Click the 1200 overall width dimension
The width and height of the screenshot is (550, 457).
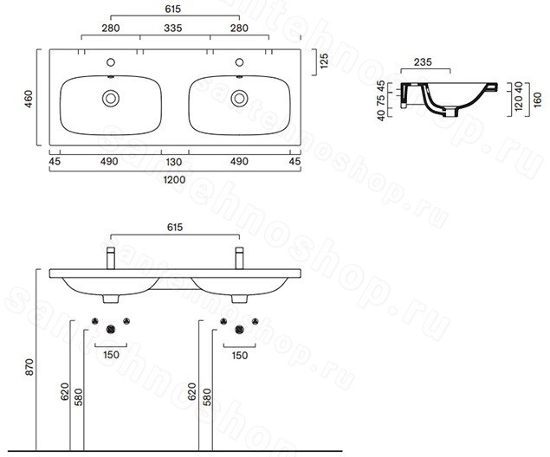174,180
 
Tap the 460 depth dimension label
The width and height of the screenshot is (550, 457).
29,99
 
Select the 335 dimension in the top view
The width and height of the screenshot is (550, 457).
173,28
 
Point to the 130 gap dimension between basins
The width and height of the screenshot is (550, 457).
174,162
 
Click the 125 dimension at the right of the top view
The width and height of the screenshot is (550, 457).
325,61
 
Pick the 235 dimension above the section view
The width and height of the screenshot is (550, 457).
423,62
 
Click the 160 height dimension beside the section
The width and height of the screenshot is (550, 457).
537,100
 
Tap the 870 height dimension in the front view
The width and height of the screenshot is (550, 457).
29,367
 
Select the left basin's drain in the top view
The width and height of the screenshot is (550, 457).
111,99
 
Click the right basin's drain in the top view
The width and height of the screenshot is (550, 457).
239,99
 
